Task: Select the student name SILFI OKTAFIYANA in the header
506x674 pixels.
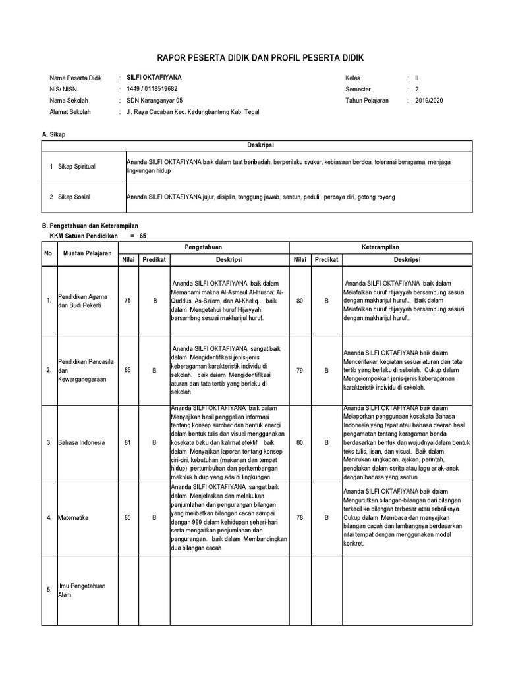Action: [154, 77]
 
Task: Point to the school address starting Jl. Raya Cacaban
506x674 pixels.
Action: [192, 113]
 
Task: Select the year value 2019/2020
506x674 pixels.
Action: [431, 101]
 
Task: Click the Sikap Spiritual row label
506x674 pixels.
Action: [77, 167]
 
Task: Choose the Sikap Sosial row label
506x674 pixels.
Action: [75, 197]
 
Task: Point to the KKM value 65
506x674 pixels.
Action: [143, 235]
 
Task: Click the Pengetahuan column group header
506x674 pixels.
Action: [203, 247]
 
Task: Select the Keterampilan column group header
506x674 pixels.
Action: [381, 247]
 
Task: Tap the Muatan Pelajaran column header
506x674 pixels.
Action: [87, 253]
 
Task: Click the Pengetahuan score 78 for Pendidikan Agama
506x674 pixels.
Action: [128, 300]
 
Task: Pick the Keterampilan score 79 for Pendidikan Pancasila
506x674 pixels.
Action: [300, 371]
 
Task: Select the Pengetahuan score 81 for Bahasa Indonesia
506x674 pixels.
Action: [128, 442]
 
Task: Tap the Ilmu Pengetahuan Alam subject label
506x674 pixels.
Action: [77, 590]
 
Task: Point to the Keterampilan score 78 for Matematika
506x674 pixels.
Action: [300, 517]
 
